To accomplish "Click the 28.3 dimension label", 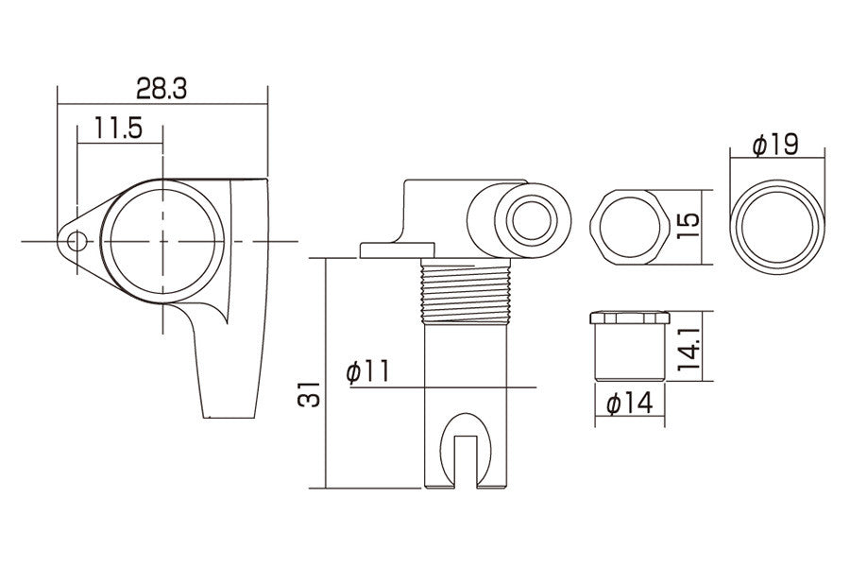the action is pyautogui.click(x=161, y=89).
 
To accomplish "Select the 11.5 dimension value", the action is pyautogui.click(x=119, y=129).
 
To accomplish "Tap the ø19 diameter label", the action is pyautogui.click(x=775, y=146).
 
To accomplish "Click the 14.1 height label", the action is pyautogui.click(x=688, y=348).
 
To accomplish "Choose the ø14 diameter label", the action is pyautogui.click(x=630, y=404).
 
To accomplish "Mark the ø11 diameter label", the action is pyautogui.click(x=367, y=371).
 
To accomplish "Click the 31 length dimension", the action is pyautogui.click(x=309, y=394).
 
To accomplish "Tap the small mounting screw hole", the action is pyautogui.click(x=77, y=240).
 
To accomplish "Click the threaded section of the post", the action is pyautogui.click(x=466, y=291).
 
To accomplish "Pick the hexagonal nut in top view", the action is pyautogui.click(x=628, y=227).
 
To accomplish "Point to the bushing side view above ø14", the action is pyautogui.click(x=630, y=346).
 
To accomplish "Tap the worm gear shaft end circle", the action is pyautogui.click(x=532, y=219).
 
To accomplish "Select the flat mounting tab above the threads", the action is pyautogui.click(x=398, y=250).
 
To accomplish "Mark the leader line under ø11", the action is pyautogui.click(x=443, y=387).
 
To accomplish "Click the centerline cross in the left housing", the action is pyautogui.click(x=162, y=241).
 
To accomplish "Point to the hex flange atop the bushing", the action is pyautogui.click(x=630, y=318).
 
